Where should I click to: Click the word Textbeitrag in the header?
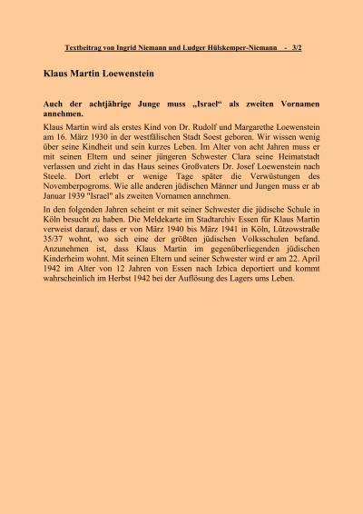click(85, 46)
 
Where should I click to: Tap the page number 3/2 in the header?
click(298, 46)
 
